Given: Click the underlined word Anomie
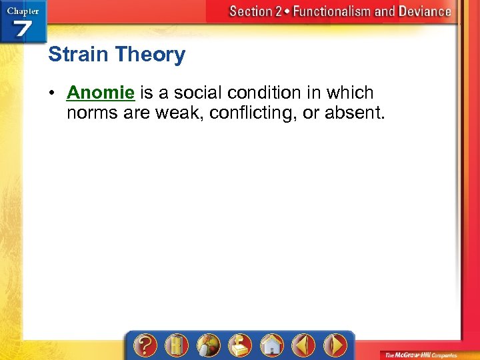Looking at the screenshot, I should (101, 93).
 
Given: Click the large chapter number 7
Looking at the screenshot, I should (23, 30).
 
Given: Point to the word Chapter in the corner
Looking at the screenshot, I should (23, 10).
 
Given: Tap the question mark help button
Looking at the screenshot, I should (145, 345).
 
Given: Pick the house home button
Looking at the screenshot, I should (271, 345).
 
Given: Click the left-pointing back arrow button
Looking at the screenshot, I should (303, 345).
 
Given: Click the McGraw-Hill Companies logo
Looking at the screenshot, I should (419, 354).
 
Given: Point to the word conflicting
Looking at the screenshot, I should (253, 113).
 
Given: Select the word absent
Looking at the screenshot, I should (355, 113).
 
